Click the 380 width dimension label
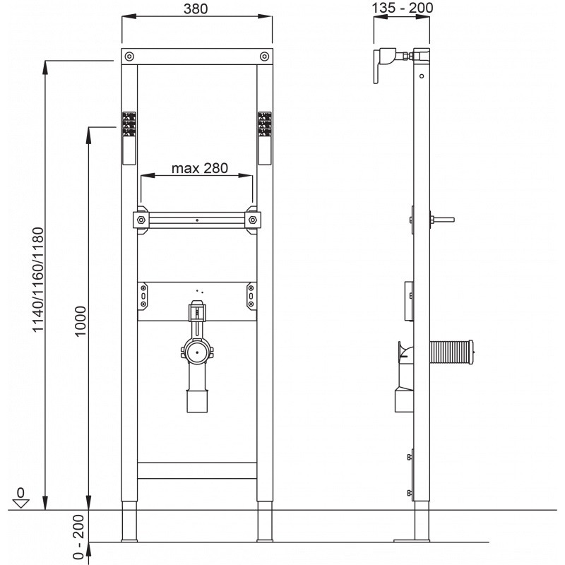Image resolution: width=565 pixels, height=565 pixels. [196, 8]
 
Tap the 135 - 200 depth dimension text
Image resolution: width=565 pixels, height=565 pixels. [402, 8]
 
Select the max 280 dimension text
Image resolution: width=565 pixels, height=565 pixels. [200, 168]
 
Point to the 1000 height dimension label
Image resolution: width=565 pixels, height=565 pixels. [81, 321]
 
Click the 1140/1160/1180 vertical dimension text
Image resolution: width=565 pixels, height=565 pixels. [38, 280]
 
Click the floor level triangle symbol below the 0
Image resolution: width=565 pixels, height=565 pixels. [20, 504]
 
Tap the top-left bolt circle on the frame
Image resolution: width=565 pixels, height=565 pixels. [129, 56]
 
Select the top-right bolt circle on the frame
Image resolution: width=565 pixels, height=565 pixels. [264, 56]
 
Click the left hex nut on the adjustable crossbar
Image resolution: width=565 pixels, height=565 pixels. [141, 220]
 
